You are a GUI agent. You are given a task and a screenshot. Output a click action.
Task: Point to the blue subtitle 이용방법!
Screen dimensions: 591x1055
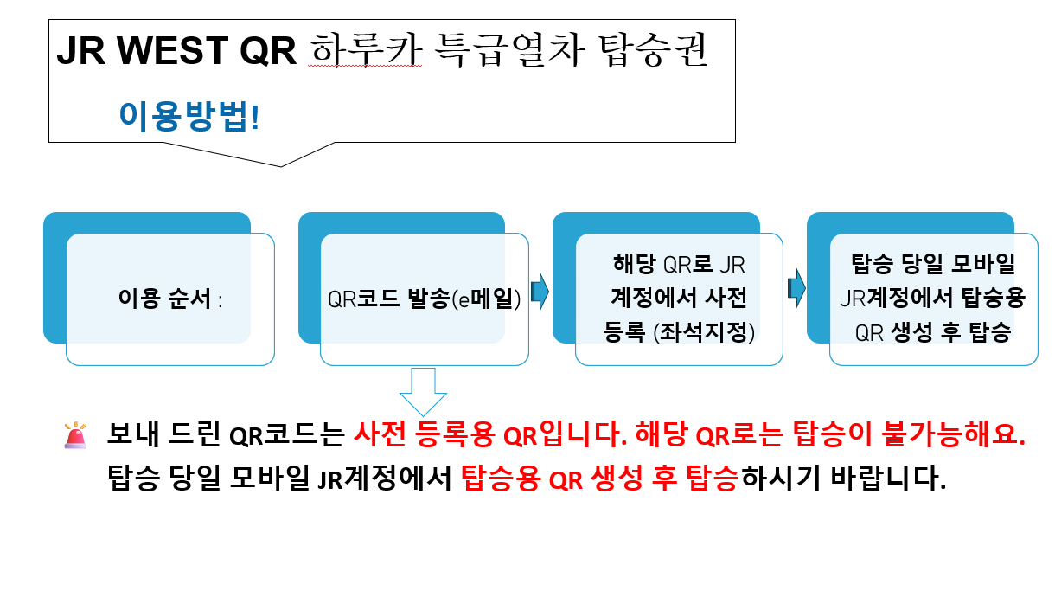click(x=189, y=116)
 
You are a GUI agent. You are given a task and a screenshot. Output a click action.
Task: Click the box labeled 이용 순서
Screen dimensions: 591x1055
click(x=169, y=299)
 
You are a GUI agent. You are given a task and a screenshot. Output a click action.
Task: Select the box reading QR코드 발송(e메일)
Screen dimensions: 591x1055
click(x=424, y=299)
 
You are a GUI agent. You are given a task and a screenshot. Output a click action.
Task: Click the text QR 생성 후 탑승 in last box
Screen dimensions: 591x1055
click(x=933, y=332)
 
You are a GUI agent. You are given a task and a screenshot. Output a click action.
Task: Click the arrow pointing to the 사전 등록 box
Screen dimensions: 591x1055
click(x=540, y=292)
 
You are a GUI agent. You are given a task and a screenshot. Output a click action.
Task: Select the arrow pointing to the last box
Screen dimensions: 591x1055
click(x=796, y=287)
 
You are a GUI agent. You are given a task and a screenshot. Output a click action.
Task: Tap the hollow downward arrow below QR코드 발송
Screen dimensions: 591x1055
click(x=423, y=390)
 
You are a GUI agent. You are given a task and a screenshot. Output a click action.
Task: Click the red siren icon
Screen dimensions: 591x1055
click(x=76, y=435)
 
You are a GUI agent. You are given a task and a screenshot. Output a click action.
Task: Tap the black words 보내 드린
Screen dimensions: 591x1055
click(x=163, y=434)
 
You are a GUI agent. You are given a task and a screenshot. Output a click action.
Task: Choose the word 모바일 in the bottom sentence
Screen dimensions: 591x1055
click(x=261, y=477)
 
